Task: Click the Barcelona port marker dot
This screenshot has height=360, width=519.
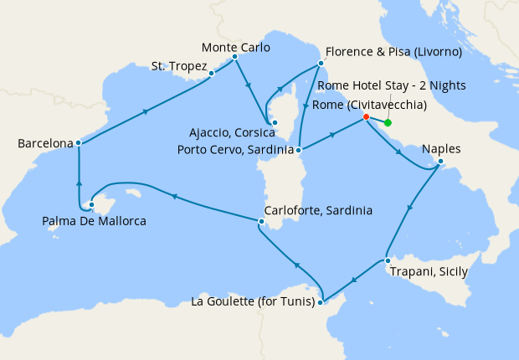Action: (78, 142)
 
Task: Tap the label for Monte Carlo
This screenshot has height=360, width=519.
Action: (236, 48)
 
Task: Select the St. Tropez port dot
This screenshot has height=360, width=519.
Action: (211, 73)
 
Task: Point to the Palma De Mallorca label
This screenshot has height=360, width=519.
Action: (94, 221)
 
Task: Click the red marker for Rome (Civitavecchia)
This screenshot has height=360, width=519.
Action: (366, 117)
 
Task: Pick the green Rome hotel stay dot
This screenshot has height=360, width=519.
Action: (388, 122)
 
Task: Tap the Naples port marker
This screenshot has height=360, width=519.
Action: (440, 162)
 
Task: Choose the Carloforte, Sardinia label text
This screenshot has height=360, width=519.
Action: (318, 210)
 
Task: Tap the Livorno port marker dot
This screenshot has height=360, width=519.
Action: (319, 64)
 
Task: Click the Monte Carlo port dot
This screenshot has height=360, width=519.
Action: (234, 57)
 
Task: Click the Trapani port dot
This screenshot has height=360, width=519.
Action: (388, 261)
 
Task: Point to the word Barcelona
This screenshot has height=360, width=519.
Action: (46, 144)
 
